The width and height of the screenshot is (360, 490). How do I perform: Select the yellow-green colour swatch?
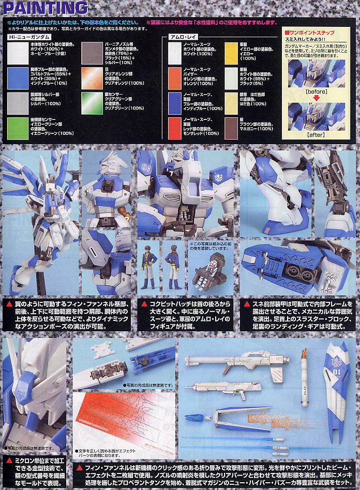18,127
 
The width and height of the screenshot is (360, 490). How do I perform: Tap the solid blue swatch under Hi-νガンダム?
18,76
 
